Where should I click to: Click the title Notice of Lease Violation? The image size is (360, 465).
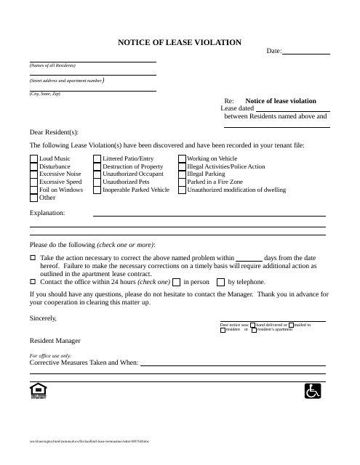180,43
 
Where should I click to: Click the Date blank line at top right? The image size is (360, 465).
305,52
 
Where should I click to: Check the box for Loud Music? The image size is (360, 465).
33,158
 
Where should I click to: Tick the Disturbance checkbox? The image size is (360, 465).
33,166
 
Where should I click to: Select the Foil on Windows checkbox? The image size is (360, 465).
33,190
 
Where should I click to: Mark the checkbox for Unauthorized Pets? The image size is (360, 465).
97,182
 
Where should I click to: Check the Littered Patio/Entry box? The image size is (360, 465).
97,158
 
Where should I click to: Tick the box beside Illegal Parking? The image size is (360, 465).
182,174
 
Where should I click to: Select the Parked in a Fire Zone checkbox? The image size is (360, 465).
182,182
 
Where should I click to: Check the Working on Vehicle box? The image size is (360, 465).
182,158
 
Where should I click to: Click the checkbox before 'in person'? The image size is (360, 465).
176,282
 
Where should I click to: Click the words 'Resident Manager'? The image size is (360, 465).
55,340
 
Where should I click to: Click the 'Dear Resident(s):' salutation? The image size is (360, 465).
53,132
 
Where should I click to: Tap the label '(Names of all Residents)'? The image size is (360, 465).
52,65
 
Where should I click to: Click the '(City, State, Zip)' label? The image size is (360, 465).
45,94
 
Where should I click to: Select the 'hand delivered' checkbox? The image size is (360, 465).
253,325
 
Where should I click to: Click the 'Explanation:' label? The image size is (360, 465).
47,213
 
